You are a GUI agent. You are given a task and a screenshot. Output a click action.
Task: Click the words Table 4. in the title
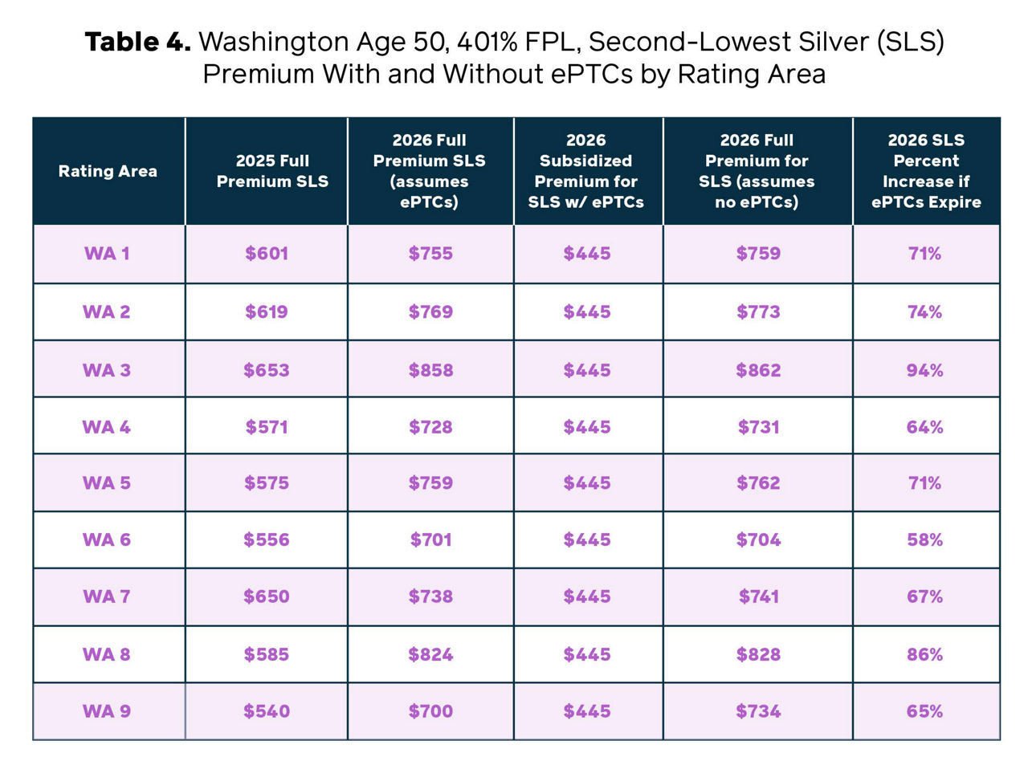tap(137, 42)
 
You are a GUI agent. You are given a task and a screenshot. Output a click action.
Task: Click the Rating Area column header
tap(108, 171)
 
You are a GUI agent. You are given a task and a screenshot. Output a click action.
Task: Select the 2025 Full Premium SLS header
tap(272, 171)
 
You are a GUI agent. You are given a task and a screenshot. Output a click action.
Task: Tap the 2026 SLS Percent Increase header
tap(926, 171)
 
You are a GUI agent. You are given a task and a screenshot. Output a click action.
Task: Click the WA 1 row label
tap(107, 254)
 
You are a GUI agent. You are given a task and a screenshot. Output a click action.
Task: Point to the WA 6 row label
tap(107, 540)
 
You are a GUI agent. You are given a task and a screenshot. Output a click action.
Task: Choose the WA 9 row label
tap(107, 711)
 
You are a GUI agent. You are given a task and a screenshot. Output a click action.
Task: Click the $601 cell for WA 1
tap(267, 254)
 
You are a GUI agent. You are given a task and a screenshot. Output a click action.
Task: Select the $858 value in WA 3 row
tap(430, 370)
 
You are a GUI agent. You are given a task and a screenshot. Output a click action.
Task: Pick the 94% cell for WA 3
tap(924, 370)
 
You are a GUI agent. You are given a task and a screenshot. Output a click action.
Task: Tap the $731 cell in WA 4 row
tap(758, 427)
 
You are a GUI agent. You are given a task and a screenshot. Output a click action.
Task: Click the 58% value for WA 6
tap(924, 540)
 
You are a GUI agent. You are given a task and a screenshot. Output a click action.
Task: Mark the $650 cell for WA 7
tap(267, 596)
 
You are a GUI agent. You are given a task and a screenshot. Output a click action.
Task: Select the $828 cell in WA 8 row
tap(758, 654)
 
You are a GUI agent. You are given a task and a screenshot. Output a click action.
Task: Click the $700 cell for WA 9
tap(430, 711)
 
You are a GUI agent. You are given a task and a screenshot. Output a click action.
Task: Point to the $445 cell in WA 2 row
tap(587, 311)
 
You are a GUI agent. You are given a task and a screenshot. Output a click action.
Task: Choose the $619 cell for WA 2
tap(267, 311)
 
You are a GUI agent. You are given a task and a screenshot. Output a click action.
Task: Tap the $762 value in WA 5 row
tap(758, 483)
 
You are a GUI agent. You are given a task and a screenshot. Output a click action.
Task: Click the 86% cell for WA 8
tap(924, 654)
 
